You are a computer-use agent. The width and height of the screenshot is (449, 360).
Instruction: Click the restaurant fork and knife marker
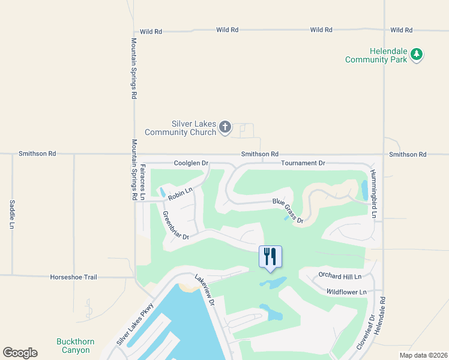(270, 256)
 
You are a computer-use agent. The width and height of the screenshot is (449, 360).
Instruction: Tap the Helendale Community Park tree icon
(417, 56)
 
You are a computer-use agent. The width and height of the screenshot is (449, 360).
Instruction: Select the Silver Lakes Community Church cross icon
(224, 127)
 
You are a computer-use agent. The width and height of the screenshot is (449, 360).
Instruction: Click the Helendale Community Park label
(376, 56)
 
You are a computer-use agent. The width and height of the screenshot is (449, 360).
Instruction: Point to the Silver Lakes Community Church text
(180, 128)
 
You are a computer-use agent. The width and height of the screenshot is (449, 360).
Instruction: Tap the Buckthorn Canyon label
(75, 346)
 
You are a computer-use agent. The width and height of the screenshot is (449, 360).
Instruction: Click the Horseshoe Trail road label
(74, 277)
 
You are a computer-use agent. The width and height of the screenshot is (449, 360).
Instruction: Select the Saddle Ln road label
(11, 215)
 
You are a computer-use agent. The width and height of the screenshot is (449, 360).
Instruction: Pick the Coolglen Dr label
(191, 163)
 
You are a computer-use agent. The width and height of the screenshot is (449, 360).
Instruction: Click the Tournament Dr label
(303, 163)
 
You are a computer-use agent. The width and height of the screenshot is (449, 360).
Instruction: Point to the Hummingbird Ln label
(373, 194)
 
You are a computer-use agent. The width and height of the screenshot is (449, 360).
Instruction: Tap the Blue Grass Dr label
(289, 212)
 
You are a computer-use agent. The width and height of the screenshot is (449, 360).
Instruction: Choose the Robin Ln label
(180, 194)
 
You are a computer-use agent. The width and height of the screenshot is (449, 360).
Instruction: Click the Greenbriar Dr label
(176, 225)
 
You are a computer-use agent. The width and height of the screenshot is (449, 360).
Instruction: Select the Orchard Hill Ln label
(340, 277)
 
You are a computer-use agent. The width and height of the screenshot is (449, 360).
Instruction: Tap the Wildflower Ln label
(346, 292)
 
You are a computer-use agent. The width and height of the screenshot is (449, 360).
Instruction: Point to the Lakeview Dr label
(205, 290)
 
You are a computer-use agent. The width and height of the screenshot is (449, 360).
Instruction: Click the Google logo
(20, 353)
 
